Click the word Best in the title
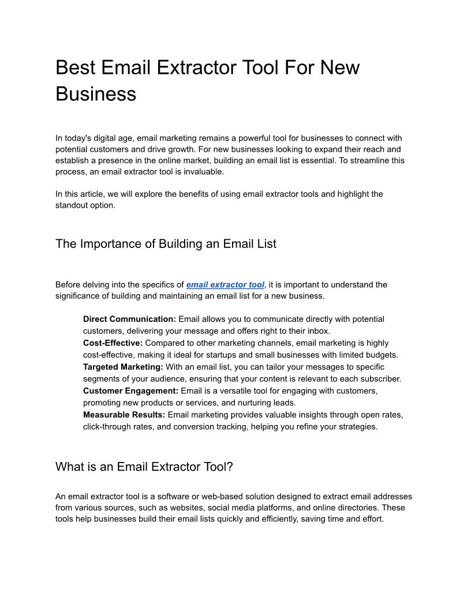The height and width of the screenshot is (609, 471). click(x=76, y=68)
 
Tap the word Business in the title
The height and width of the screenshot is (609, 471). click(x=96, y=94)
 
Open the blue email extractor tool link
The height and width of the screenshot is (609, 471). click(x=225, y=285)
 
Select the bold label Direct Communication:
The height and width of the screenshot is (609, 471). click(x=129, y=319)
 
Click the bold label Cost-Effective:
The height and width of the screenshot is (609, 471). click(x=113, y=343)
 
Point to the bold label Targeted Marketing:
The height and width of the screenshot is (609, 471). click(x=123, y=367)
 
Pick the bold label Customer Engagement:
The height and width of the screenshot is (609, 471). click(x=130, y=391)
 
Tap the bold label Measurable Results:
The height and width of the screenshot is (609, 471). click(x=124, y=415)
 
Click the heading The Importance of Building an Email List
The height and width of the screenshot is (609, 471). click(x=166, y=244)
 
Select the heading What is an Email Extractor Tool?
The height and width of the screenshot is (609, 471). click(x=144, y=467)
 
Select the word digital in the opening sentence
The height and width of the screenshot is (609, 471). click(x=111, y=138)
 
